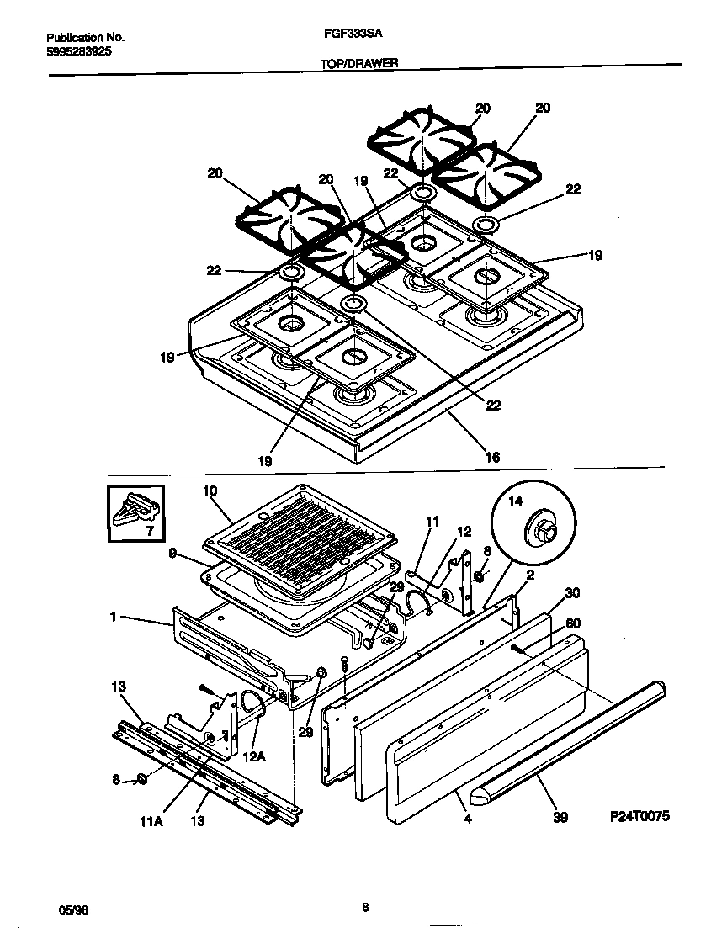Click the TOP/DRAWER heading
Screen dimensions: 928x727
point(359,63)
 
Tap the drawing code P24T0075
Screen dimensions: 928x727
point(639,816)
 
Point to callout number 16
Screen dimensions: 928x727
point(493,457)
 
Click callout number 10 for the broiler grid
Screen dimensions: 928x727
point(210,490)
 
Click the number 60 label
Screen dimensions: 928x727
point(573,623)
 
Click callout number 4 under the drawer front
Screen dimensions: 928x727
point(468,815)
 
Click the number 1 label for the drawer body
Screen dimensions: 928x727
point(112,618)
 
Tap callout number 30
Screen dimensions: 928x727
point(572,592)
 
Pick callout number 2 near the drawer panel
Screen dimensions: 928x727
point(530,575)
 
